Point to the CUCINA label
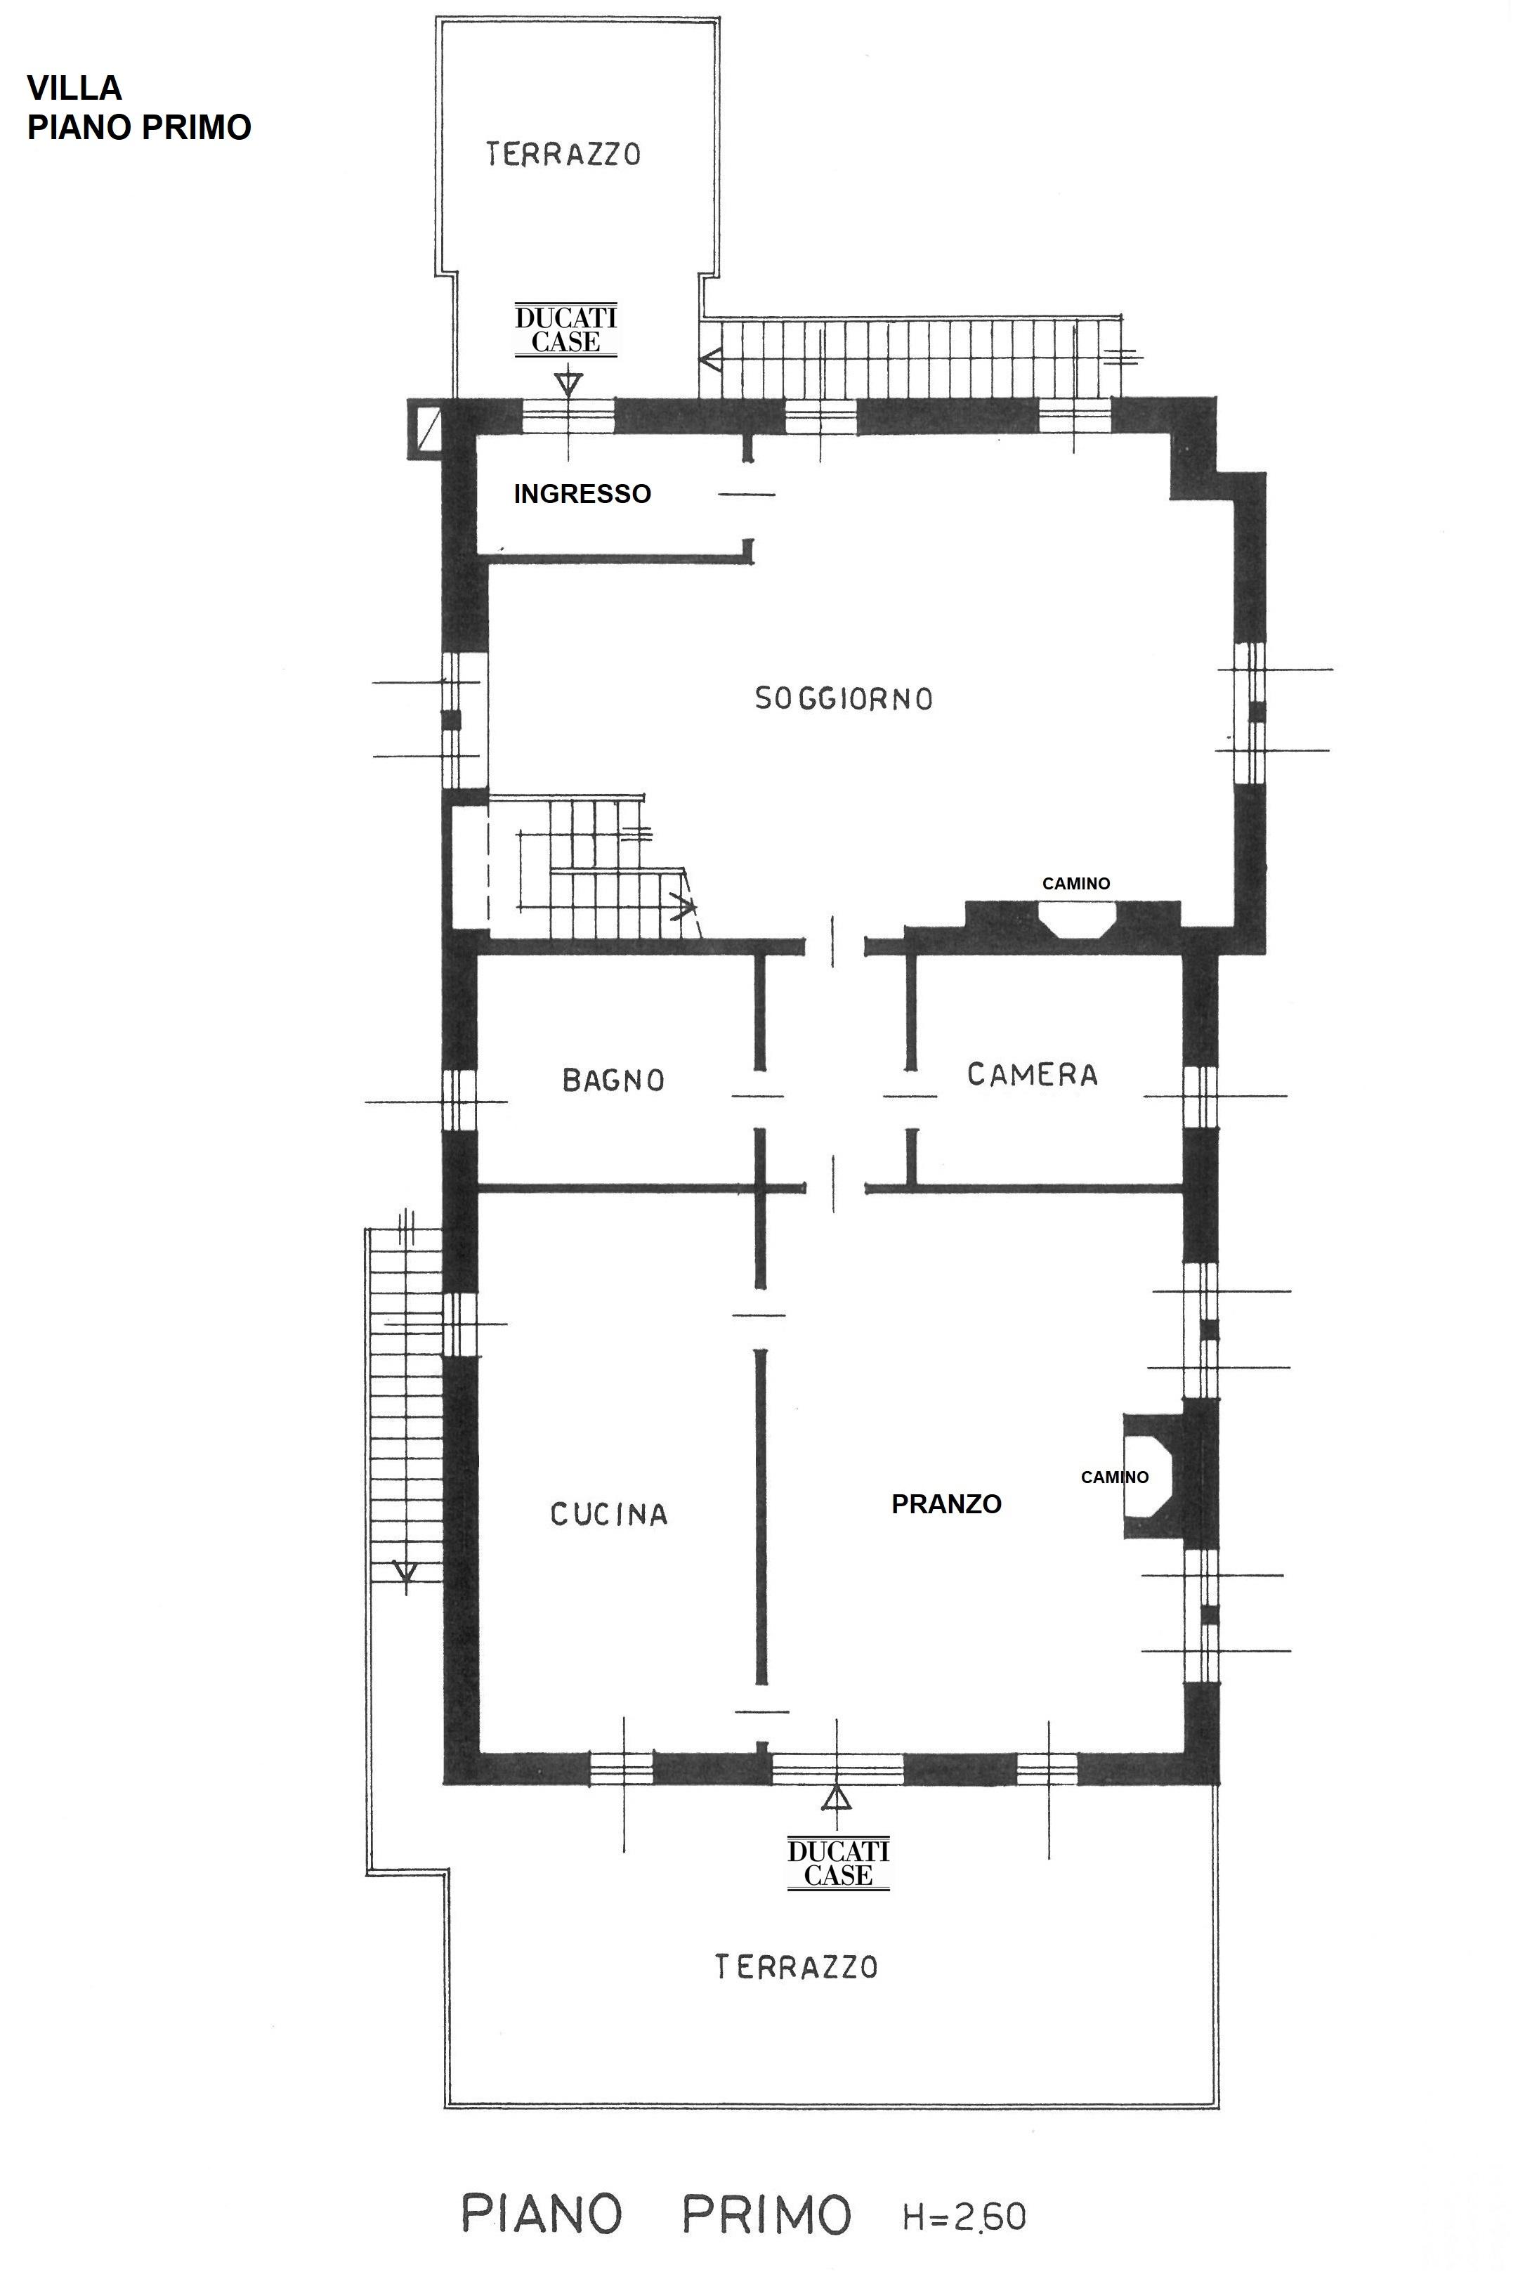tap(609, 1514)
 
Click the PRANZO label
tap(946, 1503)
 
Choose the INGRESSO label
tap(582, 494)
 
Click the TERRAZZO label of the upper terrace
tap(563, 154)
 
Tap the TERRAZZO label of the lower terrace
tap(796, 1966)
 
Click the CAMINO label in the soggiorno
tap(1075, 883)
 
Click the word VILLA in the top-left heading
tap(74, 88)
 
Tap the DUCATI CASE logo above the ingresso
tap(565, 330)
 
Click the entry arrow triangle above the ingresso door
tap(568, 382)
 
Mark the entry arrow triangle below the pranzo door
tap(837, 1798)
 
